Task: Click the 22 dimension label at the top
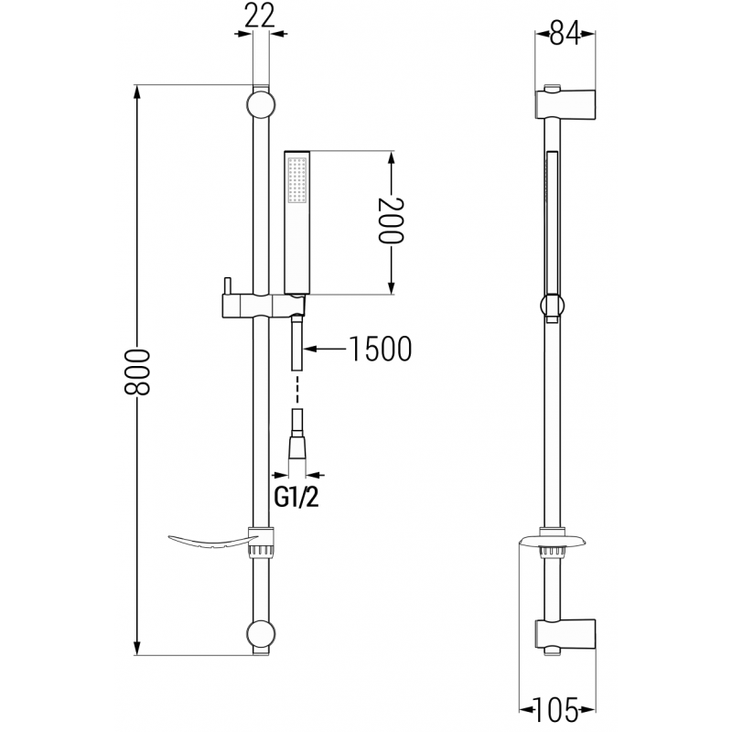click(261, 16)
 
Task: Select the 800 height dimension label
click(137, 371)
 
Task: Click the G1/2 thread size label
click(298, 500)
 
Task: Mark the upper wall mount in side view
click(565, 102)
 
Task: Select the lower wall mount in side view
click(565, 635)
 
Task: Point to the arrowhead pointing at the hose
click(310, 349)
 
